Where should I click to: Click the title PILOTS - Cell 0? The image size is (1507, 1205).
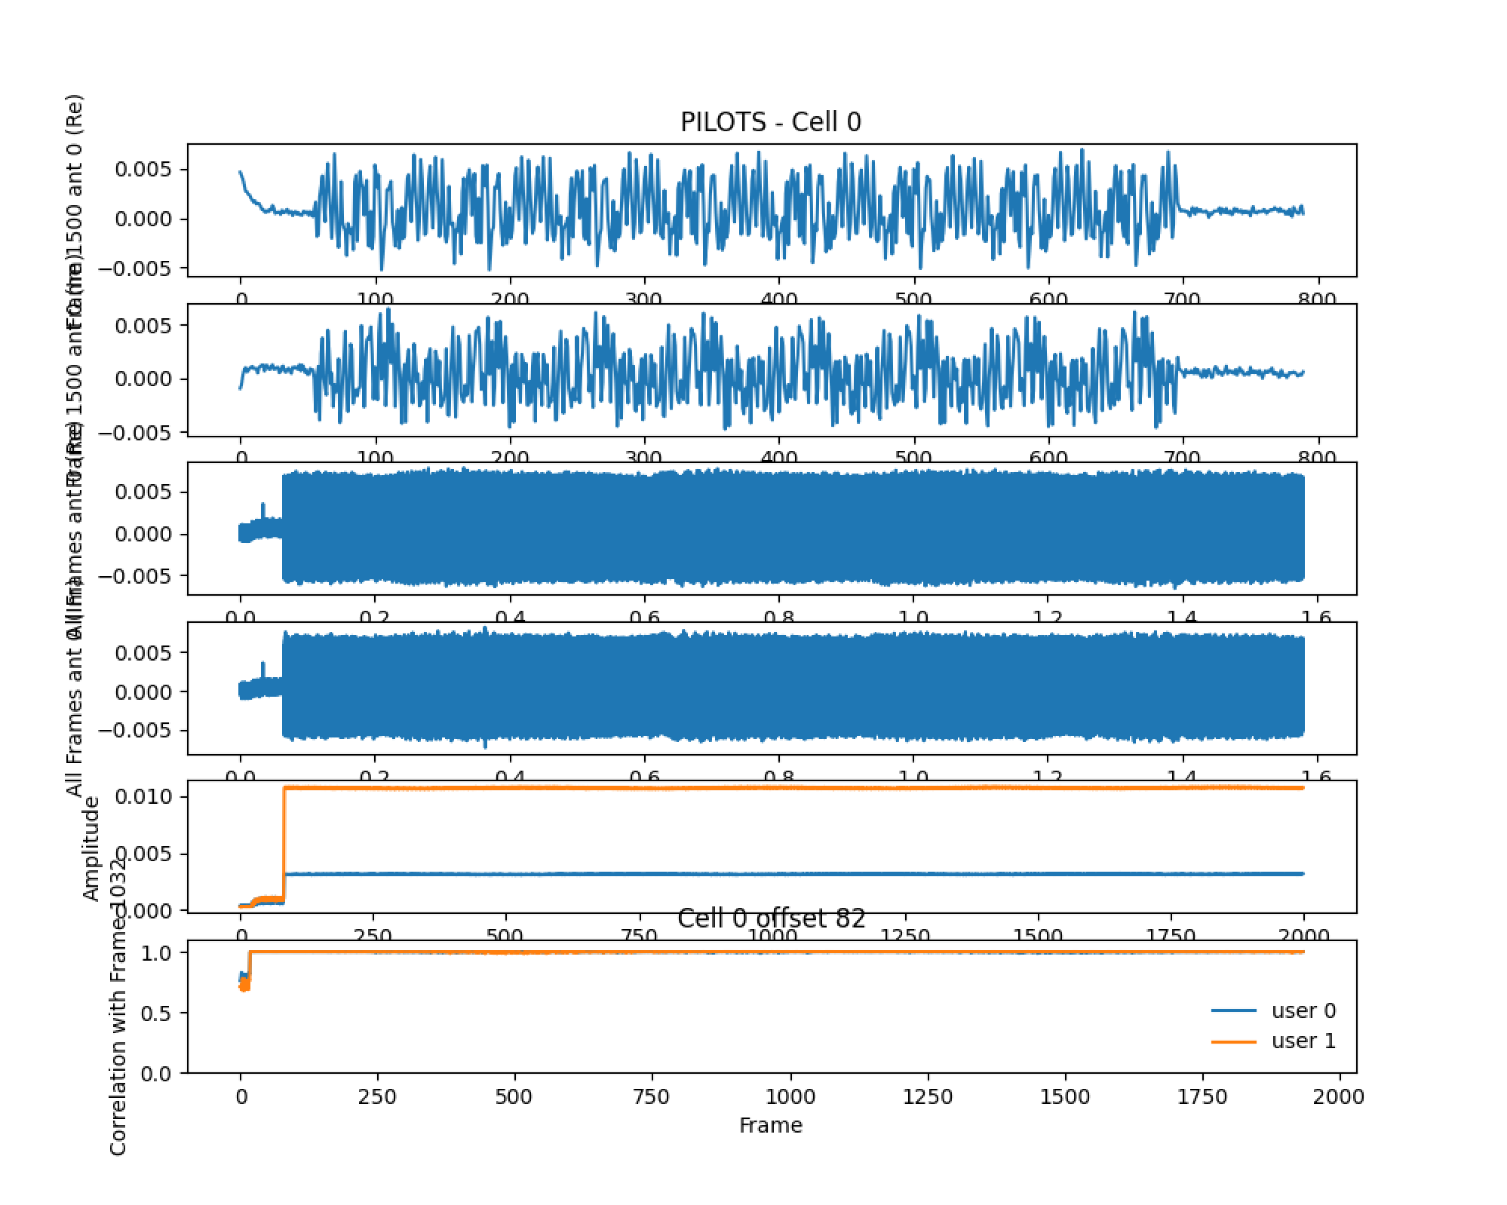pos(770,122)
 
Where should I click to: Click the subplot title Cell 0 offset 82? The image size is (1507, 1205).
pos(771,918)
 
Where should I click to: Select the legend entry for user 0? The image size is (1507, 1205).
pos(1303,1010)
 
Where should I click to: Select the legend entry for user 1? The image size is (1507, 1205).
pos(1303,1041)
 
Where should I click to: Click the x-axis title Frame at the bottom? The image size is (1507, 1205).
pos(770,1125)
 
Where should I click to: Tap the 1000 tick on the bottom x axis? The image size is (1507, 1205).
pos(790,1096)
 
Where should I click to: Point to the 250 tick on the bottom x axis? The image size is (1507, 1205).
pos(377,1096)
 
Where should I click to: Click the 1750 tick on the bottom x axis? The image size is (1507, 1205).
pos(1203,1096)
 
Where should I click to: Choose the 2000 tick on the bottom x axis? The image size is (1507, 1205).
pos(1340,1096)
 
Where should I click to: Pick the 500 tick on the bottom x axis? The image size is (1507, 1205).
pos(514,1096)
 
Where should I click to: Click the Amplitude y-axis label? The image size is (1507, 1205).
pos(91,849)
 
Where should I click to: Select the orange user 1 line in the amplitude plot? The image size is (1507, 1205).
pos(754,788)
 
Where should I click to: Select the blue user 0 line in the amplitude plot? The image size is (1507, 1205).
pos(754,874)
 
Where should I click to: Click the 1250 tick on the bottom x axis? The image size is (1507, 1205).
pos(928,1096)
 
